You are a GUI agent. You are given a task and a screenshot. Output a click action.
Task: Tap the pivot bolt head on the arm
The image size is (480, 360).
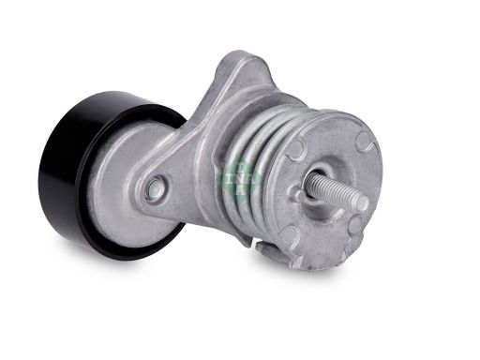(x=154, y=188)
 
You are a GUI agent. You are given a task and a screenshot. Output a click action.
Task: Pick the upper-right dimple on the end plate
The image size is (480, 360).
(x=362, y=142)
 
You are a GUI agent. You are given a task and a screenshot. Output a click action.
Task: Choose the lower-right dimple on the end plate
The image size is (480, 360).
(x=355, y=225)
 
